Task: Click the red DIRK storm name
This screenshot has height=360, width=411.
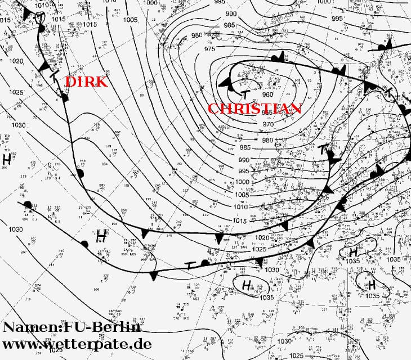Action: [x=86, y=82]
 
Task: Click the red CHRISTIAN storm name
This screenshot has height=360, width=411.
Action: [x=254, y=109]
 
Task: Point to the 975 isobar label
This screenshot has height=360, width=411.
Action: [x=209, y=49]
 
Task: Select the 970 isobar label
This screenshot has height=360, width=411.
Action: [x=269, y=124]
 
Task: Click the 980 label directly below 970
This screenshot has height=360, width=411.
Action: [x=267, y=140]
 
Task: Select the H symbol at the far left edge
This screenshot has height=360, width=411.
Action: [x=7, y=159]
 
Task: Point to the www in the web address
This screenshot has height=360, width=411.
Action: [x=22, y=343]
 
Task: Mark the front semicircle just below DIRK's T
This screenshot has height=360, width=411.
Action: [x=64, y=98]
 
